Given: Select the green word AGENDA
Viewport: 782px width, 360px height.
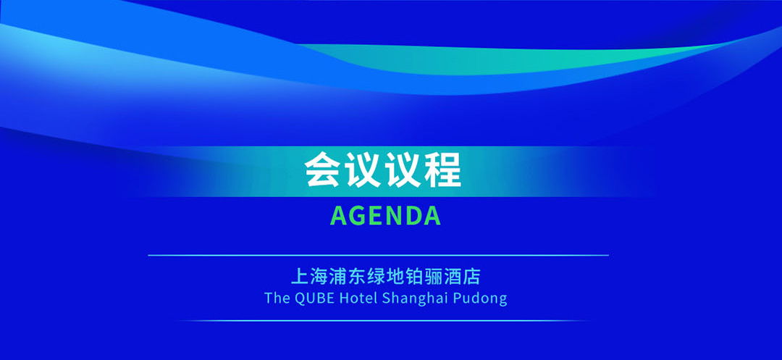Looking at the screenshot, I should [x=385, y=216].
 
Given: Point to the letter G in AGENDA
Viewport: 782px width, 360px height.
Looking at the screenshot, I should [x=359, y=216].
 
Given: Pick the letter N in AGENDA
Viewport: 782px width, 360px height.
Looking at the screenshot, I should [x=395, y=216].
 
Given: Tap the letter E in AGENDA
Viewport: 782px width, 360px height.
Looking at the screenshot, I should [x=377, y=216].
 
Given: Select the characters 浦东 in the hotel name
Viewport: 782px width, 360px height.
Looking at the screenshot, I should [x=348, y=276].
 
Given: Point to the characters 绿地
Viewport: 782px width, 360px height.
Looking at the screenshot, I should [x=386, y=276].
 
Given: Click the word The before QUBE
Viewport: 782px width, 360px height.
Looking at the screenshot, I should [x=277, y=298].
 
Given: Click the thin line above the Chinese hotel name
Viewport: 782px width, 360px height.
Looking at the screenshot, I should [x=378, y=255].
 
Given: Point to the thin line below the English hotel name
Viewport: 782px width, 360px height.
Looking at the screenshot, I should [x=384, y=320].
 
